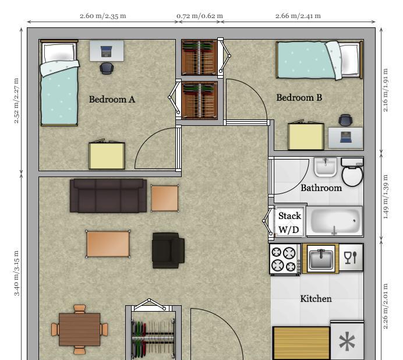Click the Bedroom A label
[112, 99]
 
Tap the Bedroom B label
[299, 98]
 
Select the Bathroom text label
[321, 188]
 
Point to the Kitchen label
[316, 299]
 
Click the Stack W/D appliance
[289, 222]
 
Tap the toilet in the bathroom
[352, 172]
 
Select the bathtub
[334, 221]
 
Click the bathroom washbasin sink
[326, 167]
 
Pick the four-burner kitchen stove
[285, 259]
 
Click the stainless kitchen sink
[321, 258]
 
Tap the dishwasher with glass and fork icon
[351, 257]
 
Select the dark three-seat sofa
[108, 196]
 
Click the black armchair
[168, 250]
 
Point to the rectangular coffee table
[108, 243]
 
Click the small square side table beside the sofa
[164, 198]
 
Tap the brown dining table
[79, 329]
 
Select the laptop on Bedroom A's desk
[106, 51]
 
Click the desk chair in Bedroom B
[345, 120]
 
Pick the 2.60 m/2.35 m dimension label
[103, 16]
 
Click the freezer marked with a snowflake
[347, 341]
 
